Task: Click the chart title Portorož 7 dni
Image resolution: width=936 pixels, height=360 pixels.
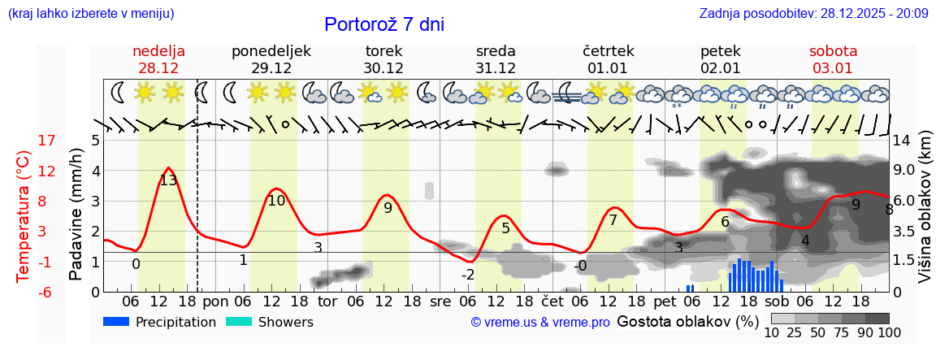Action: pyautogui.click(x=384, y=24)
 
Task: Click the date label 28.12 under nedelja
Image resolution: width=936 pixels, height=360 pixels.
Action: pyautogui.click(x=158, y=68)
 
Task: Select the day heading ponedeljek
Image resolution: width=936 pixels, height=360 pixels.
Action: pyautogui.click(x=271, y=51)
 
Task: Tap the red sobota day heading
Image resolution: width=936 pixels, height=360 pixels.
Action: pyautogui.click(x=833, y=51)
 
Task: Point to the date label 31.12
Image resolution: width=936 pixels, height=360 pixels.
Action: pyautogui.click(x=496, y=68)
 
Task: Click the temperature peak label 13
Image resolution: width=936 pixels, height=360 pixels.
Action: pyautogui.click(x=168, y=180)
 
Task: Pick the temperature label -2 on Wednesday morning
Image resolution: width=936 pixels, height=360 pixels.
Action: pyautogui.click(x=468, y=275)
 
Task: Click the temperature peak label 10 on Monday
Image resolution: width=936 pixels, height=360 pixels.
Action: pyautogui.click(x=276, y=201)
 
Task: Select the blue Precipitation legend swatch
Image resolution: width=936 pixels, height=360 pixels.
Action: pyautogui.click(x=117, y=322)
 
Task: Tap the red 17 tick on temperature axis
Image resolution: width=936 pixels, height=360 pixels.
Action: pyautogui.click(x=47, y=141)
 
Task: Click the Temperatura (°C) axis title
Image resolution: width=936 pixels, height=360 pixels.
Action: pyautogui.click(x=24, y=216)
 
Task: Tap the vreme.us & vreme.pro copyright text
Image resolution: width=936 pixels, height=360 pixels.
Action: pyautogui.click(x=540, y=322)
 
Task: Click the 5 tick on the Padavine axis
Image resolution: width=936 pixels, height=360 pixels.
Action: pyautogui.click(x=95, y=141)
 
